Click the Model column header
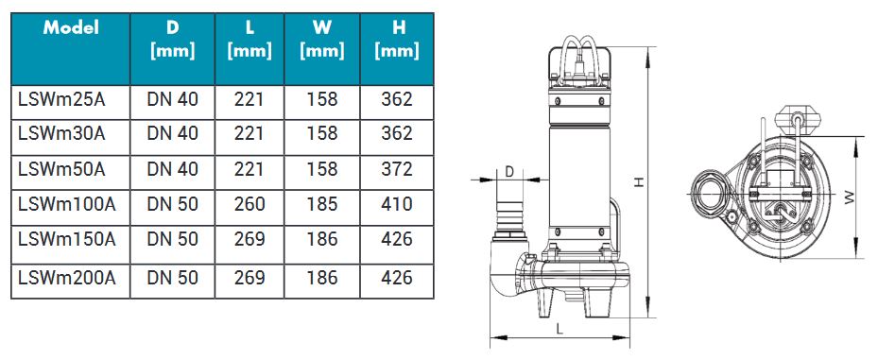pos(72,28)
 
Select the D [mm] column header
pos(172,39)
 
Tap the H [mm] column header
pos(396,39)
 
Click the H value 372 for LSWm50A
pos(396,169)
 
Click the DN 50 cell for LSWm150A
pos(172,240)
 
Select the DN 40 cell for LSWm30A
pos(172,134)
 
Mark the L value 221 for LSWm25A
pos(250,99)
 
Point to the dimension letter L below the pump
pos(560,329)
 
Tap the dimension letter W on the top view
pos(849,197)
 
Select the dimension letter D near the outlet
pos(508,172)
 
